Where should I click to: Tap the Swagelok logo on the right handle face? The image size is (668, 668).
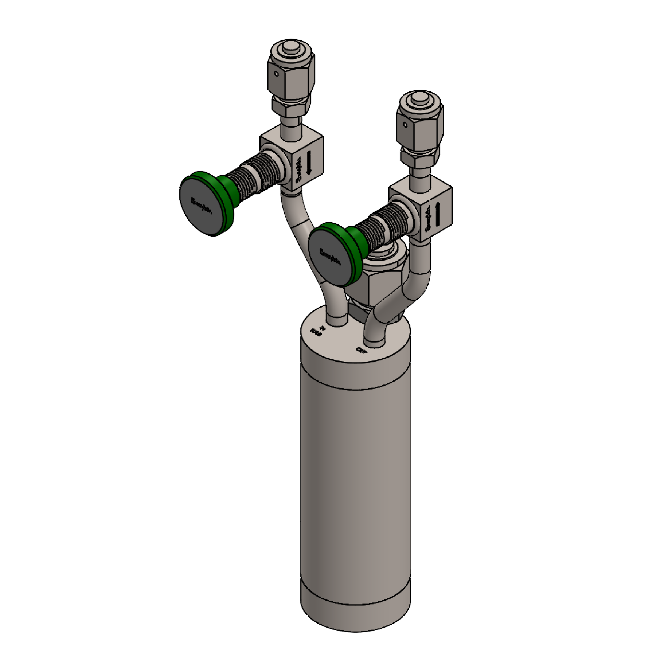(x=330, y=257)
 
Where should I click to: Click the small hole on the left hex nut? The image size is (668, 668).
(x=277, y=74)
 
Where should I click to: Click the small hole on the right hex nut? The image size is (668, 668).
(x=405, y=125)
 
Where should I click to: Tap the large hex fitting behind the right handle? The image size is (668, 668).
(x=379, y=288)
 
